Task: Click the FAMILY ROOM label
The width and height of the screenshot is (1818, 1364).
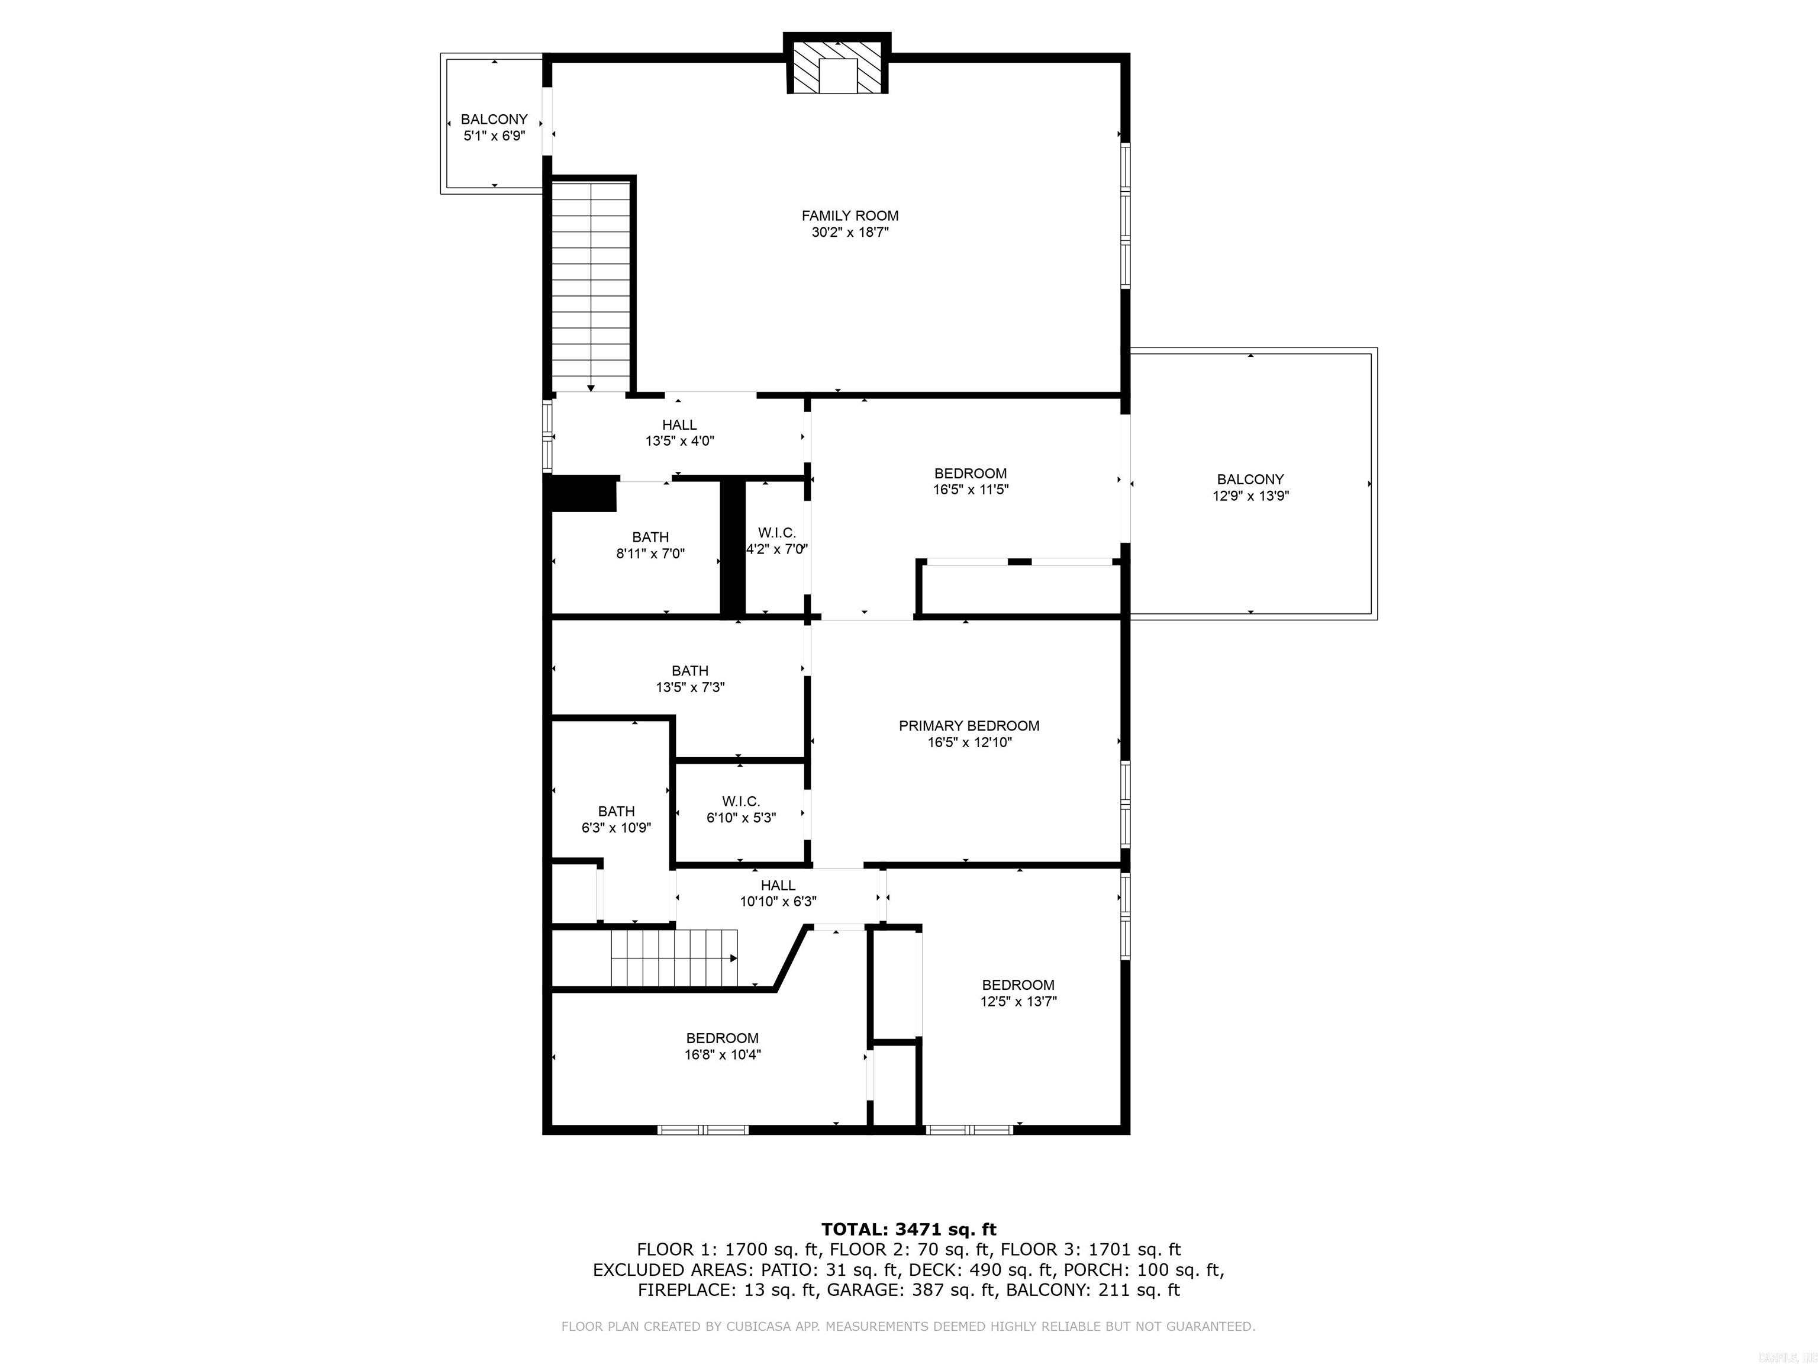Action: [x=850, y=215]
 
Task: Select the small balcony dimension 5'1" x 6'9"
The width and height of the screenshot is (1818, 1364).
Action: [x=494, y=136]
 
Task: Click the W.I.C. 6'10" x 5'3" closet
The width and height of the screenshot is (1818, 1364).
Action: [x=740, y=809]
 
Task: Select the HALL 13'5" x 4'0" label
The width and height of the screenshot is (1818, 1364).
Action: [x=680, y=433]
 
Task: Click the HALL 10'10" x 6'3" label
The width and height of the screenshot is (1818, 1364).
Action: [x=778, y=893]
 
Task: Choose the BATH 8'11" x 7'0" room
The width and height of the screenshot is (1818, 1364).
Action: [x=650, y=545]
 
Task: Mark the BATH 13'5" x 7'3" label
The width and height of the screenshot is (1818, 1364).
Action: [x=689, y=678]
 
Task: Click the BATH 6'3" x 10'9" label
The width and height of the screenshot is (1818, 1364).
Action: [x=617, y=819]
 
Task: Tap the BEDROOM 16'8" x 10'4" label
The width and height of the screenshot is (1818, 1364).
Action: [x=723, y=1046]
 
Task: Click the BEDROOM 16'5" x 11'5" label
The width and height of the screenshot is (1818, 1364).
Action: [x=970, y=481]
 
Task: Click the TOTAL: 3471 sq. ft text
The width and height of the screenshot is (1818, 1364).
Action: [x=908, y=1229]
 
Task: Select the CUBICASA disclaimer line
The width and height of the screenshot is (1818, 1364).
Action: [x=908, y=1326]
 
